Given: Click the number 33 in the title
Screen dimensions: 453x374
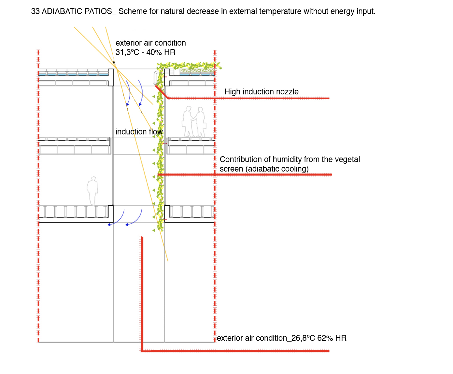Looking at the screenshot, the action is tap(35, 11).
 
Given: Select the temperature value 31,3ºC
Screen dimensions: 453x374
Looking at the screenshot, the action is tap(127, 52).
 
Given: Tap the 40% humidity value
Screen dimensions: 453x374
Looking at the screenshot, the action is tap(153, 52).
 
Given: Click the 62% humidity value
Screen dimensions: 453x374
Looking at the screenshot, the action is tap(325, 338).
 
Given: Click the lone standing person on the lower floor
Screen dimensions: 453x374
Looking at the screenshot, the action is tap(92, 191).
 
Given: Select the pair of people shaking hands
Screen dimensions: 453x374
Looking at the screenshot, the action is tap(194, 122).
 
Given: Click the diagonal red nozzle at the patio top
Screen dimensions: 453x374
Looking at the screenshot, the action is tap(162, 92).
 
